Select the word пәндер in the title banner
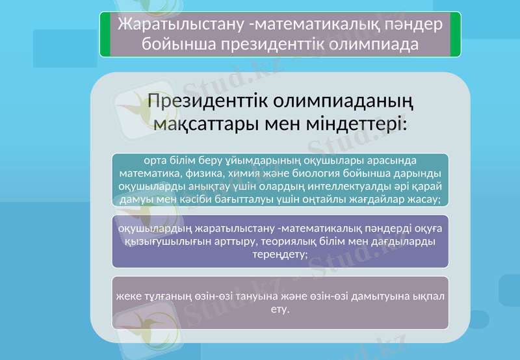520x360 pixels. tap(408, 23)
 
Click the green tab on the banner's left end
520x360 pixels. tap(104, 34)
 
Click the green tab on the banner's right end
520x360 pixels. tap(456, 34)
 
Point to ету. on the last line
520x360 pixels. tap(279, 309)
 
